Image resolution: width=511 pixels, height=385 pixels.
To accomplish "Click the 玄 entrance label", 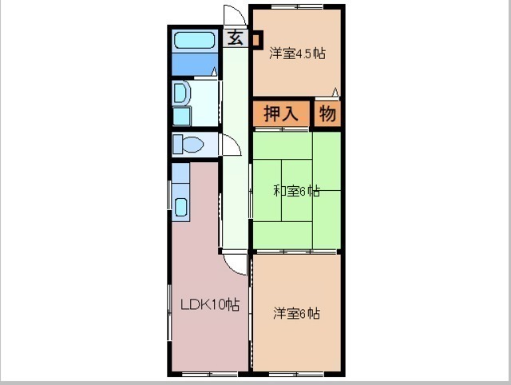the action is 236,38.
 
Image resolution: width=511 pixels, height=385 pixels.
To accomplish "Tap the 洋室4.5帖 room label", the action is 297,54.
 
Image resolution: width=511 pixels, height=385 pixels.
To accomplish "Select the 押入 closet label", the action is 280,113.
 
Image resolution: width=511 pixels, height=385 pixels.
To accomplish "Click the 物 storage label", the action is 327,113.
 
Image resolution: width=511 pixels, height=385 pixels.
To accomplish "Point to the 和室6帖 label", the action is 296,191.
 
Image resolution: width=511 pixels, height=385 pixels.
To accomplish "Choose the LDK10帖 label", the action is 210,305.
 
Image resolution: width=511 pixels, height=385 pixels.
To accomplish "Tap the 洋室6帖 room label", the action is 296,313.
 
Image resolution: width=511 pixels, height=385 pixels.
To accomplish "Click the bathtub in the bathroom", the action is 195,41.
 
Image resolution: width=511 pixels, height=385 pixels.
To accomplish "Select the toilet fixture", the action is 188,144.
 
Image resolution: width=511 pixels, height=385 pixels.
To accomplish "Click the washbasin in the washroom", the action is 180,93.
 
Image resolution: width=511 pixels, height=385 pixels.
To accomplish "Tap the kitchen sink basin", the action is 181,208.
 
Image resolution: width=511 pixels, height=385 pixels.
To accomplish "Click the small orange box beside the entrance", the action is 255,40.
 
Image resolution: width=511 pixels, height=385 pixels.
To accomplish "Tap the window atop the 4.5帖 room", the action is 297,6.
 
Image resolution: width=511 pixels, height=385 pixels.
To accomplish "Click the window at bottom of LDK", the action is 209,374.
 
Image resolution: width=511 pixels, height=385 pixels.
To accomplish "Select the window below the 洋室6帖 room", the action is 296,374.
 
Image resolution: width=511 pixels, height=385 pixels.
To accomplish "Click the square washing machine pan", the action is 181,116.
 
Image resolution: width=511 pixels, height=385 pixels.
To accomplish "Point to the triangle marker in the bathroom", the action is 214,72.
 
